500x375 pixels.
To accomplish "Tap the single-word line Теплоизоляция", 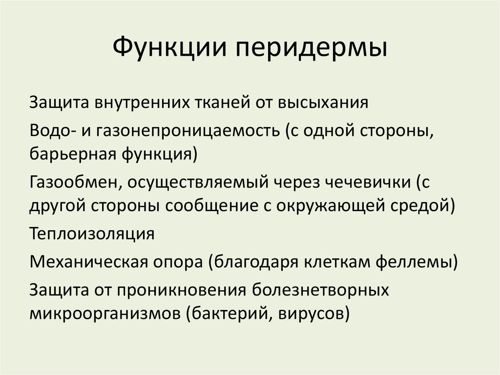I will [92, 233].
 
